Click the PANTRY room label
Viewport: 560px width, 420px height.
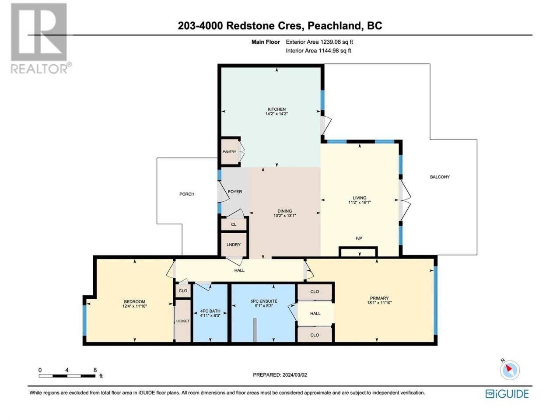[x=229, y=152]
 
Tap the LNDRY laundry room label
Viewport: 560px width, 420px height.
[x=234, y=245]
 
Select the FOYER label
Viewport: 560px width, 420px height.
[x=235, y=192]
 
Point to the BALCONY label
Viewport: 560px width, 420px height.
[x=440, y=177]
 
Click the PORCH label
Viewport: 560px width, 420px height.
[x=187, y=194]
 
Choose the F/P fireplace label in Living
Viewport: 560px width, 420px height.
[x=359, y=238]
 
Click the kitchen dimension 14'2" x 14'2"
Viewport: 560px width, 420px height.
[x=276, y=114]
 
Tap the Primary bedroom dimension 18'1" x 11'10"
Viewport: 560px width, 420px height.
[x=379, y=303]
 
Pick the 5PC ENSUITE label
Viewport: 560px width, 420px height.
[x=264, y=301]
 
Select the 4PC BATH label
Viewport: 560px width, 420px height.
[x=210, y=311]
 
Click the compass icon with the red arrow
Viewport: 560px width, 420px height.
[x=510, y=370]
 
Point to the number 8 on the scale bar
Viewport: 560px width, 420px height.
[x=95, y=370]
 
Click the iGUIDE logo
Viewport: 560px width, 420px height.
[x=507, y=394]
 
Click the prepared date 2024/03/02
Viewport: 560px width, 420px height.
[x=294, y=375]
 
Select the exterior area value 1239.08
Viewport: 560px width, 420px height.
[x=328, y=42]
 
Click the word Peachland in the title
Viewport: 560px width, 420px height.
[x=335, y=26]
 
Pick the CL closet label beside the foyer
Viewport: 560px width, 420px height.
[x=234, y=224]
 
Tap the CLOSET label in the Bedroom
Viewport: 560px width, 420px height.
[x=183, y=321]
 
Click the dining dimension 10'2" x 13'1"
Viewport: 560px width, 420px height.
[x=284, y=215]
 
